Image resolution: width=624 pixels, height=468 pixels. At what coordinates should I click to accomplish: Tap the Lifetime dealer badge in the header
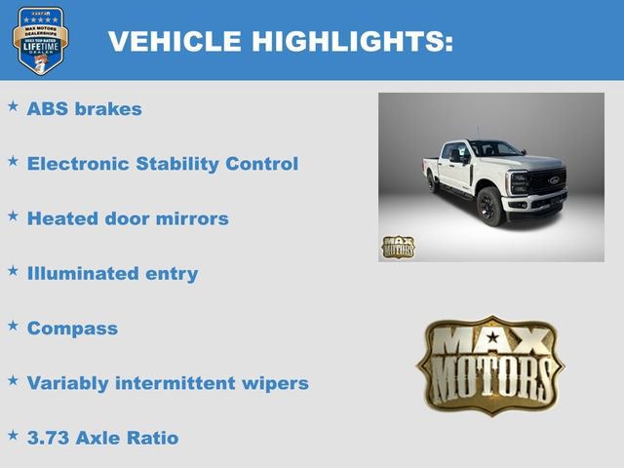click(x=40, y=41)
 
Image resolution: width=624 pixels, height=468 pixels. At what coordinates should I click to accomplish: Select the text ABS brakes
click(x=84, y=108)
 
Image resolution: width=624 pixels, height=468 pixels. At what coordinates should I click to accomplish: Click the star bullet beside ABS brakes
click(x=13, y=105)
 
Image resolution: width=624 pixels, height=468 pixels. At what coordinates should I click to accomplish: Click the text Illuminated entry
click(x=112, y=273)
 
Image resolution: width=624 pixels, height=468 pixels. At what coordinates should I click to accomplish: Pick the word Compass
click(x=72, y=329)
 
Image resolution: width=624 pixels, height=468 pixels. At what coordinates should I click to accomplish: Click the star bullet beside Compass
click(x=13, y=325)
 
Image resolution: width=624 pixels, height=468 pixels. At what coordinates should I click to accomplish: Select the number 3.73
click(x=49, y=438)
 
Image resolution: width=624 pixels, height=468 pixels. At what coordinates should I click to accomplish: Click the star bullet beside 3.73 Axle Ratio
click(x=13, y=434)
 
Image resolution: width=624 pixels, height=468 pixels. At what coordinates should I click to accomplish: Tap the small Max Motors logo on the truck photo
click(x=398, y=247)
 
